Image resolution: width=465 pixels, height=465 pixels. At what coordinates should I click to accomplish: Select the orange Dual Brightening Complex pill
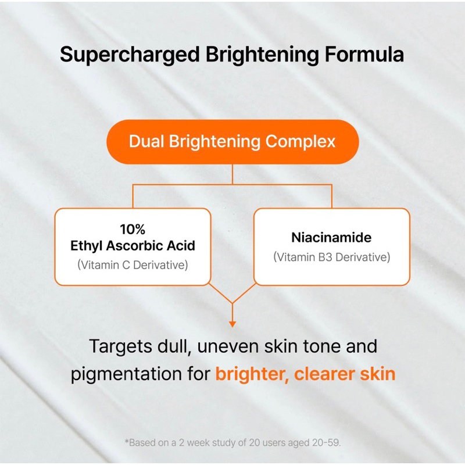232,141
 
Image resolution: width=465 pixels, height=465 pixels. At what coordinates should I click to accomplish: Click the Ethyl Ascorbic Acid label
133,245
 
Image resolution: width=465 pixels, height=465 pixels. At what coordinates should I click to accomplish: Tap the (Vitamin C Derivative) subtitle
133,264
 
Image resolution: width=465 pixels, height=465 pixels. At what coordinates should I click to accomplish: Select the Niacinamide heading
331,238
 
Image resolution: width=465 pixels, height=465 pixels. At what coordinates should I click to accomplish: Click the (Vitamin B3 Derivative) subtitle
331,257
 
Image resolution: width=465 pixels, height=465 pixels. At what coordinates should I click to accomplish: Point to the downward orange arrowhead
232,323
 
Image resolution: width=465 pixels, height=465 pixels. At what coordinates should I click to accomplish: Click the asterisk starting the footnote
127,442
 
